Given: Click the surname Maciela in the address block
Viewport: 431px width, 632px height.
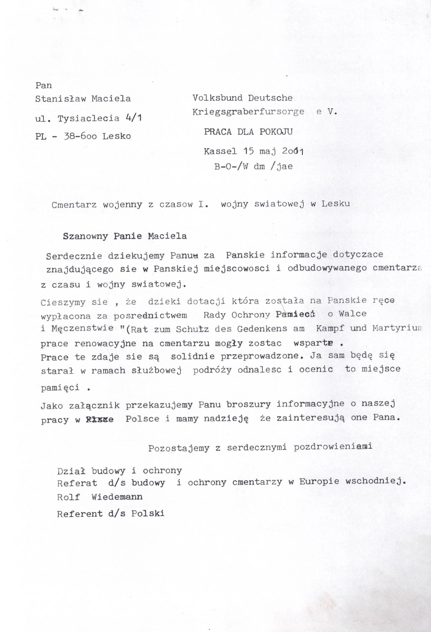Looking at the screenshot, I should [x=111, y=99].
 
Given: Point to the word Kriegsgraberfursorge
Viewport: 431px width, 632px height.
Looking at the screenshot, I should [x=248, y=112].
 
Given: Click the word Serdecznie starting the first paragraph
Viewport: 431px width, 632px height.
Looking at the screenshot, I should [x=74, y=256].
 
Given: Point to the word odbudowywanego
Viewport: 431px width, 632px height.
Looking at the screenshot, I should [x=327, y=269].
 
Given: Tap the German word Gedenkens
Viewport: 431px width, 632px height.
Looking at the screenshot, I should [x=261, y=329].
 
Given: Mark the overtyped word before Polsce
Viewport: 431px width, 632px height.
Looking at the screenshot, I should [x=99, y=420].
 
